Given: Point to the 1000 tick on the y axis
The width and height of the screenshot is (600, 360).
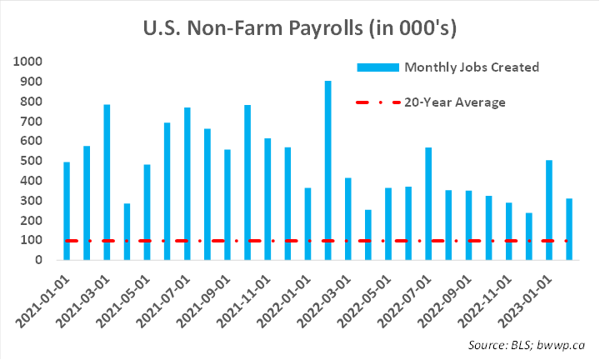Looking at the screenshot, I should (28, 62).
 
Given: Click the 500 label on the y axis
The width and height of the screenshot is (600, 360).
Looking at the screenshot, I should (32, 161).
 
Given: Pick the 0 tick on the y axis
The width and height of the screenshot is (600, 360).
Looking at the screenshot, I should (38, 260).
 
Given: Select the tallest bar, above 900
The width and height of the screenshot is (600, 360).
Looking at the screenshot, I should (327, 170).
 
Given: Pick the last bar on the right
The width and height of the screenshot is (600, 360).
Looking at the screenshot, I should (569, 229).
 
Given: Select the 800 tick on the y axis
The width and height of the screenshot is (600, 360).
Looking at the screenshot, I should (32, 102).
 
